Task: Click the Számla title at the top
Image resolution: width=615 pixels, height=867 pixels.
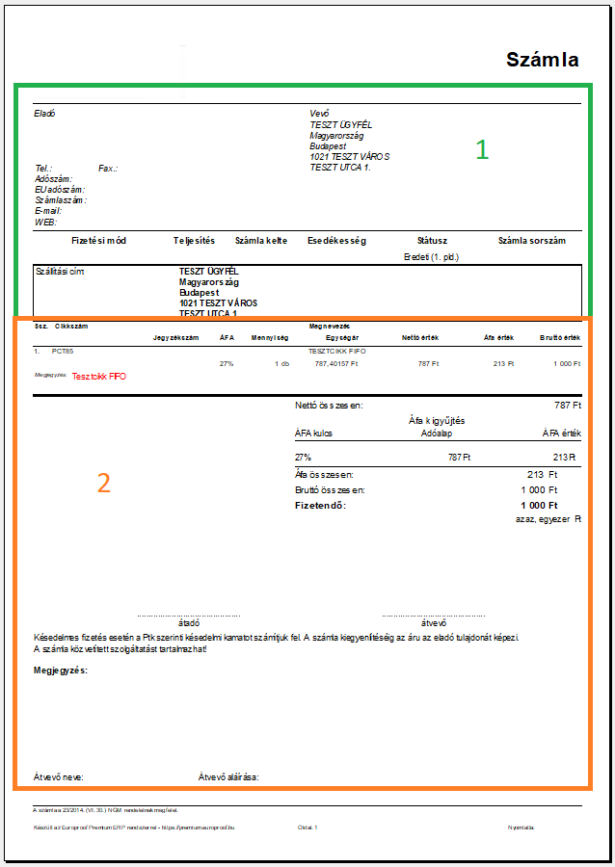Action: click(x=542, y=60)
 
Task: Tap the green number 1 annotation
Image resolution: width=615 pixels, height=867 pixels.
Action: click(x=482, y=149)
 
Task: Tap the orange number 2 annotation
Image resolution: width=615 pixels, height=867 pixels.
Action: click(x=104, y=483)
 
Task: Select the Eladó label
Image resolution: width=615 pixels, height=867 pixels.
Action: click(x=44, y=114)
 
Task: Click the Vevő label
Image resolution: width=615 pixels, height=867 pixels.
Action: click(x=319, y=114)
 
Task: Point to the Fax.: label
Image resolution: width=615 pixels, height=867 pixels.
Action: click(x=107, y=169)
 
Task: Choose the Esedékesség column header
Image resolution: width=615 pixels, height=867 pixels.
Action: click(x=336, y=241)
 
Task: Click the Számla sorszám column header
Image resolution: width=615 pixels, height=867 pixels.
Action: click(x=531, y=241)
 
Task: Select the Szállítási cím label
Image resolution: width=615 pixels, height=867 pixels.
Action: click(x=59, y=272)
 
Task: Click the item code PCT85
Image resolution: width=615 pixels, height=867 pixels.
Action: click(x=63, y=352)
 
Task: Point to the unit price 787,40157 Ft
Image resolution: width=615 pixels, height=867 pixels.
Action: click(x=336, y=364)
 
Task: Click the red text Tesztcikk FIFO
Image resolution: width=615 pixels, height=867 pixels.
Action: click(x=99, y=377)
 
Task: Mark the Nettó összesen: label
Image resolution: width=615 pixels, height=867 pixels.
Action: click(x=329, y=406)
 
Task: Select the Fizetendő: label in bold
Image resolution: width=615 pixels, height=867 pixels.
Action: click(x=320, y=506)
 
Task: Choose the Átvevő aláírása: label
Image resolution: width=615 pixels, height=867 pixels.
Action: click(x=228, y=776)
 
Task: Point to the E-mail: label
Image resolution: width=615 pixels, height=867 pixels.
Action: click(x=48, y=211)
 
